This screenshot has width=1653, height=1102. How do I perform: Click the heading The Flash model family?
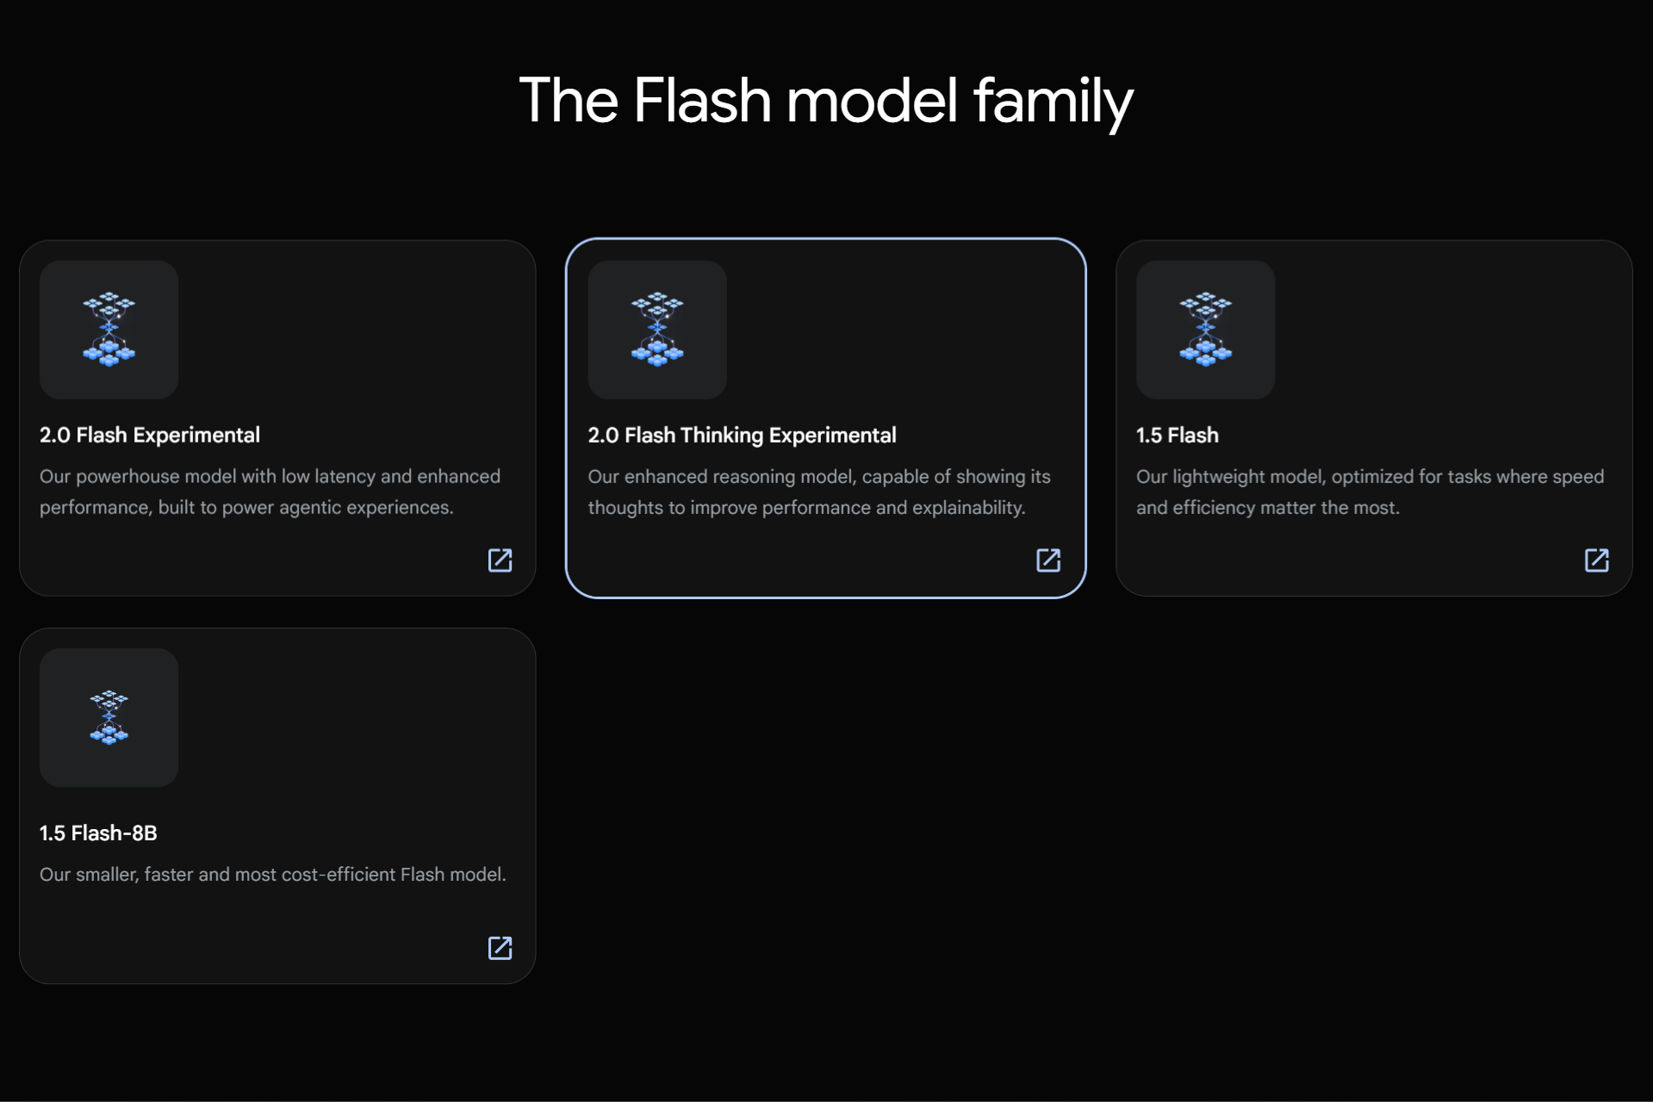coord(825,101)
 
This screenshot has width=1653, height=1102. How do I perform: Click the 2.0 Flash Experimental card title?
coord(149,436)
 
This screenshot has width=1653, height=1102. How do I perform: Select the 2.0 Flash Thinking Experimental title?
coord(742,436)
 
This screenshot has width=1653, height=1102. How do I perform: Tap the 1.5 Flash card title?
coord(1177,436)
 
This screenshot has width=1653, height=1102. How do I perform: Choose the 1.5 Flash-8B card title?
coord(98,833)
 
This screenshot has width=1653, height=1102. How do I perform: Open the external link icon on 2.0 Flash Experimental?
coord(500,560)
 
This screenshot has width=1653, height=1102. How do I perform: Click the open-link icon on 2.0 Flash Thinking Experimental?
coord(1047,560)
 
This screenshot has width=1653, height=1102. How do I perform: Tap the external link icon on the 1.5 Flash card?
coord(1596,560)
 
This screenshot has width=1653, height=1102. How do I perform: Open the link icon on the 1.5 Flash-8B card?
coord(500,948)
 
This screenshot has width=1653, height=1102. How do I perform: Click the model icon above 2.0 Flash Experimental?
coord(109,330)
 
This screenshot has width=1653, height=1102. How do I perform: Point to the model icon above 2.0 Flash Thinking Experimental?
coord(657,330)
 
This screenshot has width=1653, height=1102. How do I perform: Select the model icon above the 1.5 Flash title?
coord(1205,330)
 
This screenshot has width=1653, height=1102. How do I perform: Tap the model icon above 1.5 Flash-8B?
coord(109,717)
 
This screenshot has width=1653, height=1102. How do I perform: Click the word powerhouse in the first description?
coord(127,477)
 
